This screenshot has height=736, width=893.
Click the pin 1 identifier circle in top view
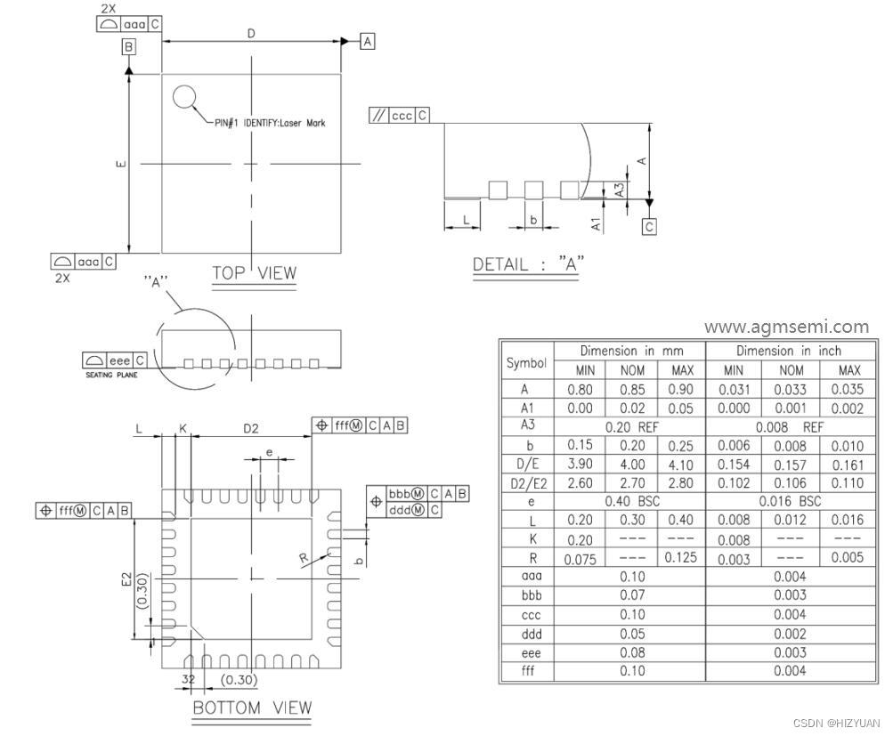click(x=184, y=97)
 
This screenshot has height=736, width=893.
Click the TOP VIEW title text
click(x=254, y=273)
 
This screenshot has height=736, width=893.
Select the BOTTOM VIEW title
click(x=252, y=708)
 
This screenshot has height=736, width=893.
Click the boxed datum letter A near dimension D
click(x=368, y=41)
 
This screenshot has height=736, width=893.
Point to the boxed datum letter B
click(x=129, y=46)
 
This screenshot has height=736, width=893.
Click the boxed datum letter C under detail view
click(x=649, y=227)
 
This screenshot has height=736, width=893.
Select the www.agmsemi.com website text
click(x=785, y=327)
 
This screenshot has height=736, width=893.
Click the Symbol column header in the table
click(x=526, y=362)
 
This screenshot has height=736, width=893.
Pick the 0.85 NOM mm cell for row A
click(x=631, y=389)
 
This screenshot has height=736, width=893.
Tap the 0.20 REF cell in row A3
click(x=631, y=426)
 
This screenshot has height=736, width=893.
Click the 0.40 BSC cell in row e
click(x=631, y=501)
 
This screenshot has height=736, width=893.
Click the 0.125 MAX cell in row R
click(x=681, y=558)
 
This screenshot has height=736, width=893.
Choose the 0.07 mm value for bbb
click(x=631, y=595)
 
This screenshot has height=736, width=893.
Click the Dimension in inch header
click(x=788, y=351)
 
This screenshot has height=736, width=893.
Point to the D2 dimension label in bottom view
click(x=251, y=429)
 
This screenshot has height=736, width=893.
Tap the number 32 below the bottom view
click(x=188, y=679)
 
